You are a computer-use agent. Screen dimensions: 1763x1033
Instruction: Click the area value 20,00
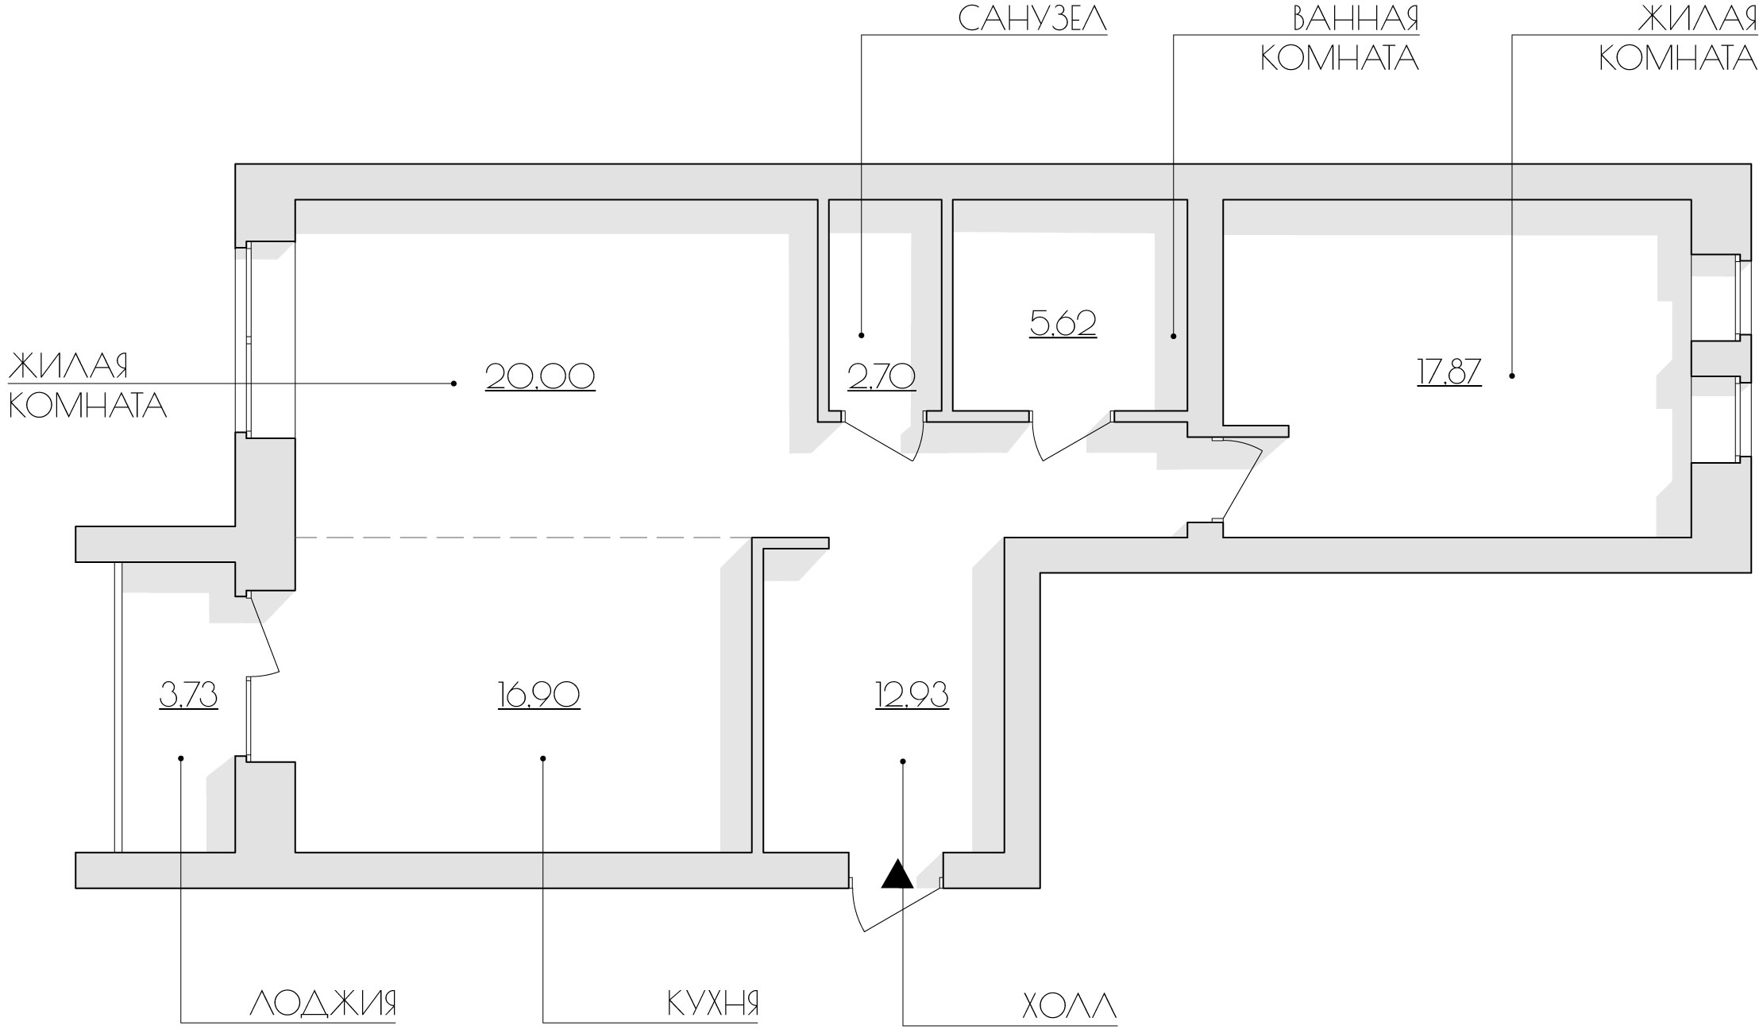[540, 376]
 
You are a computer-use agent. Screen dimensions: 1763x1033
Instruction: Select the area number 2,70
[882, 376]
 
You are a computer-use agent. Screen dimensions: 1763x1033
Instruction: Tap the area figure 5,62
[1063, 323]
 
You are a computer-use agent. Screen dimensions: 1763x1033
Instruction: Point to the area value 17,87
[1449, 372]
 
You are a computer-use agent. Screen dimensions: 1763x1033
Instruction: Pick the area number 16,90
[539, 695]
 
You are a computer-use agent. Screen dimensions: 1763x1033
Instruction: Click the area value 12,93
[912, 695]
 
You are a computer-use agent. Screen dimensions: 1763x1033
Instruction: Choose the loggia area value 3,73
[189, 695]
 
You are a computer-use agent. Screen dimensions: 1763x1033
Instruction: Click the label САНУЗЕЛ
[1032, 19]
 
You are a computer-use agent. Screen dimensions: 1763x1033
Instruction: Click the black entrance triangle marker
[898, 874]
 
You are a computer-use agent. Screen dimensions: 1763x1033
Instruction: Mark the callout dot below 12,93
[903, 761]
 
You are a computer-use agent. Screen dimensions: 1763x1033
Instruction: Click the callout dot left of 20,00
[453, 384]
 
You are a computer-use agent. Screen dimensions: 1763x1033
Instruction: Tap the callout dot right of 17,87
[1511, 376]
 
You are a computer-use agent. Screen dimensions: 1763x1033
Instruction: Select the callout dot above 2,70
[862, 335]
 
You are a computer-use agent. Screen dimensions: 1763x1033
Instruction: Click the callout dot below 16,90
[543, 758]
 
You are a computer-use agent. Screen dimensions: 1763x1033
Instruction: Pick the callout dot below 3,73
[181, 758]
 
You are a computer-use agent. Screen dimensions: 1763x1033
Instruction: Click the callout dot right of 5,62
[1174, 336]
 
